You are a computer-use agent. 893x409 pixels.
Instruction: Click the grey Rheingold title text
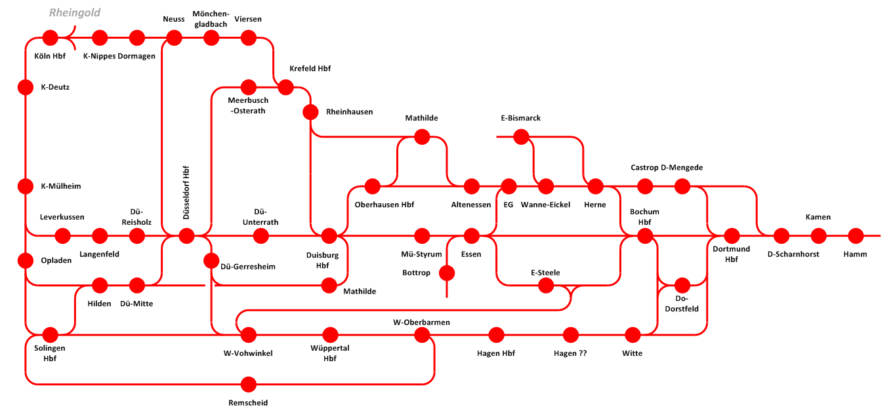[x=75, y=12]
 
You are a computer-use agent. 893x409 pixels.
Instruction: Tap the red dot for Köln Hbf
[x=50, y=37]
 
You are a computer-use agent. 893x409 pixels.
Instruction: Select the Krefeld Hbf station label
[x=310, y=69]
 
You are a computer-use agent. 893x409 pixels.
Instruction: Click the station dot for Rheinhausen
[x=310, y=112]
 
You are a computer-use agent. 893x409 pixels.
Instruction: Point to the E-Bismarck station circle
[x=521, y=137]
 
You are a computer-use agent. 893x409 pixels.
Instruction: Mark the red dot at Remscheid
[x=249, y=384]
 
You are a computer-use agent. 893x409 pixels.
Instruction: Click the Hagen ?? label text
[x=570, y=353]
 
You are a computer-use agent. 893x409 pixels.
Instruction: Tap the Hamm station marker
[x=856, y=236]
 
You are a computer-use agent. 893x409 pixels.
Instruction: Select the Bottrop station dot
[x=447, y=273]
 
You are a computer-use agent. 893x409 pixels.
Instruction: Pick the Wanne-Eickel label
[x=545, y=204]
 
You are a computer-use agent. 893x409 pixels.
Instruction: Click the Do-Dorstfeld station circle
[x=682, y=285]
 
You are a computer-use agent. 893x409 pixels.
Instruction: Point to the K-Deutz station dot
[x=25, y=87]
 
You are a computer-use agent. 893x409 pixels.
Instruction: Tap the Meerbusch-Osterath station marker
[x=249, y=87]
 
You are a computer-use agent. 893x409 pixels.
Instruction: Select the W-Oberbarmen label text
[x=421, y=322]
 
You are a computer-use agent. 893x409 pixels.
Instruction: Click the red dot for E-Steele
[x=545, y=285]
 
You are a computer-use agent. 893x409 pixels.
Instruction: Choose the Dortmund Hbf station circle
[x=732, y=236]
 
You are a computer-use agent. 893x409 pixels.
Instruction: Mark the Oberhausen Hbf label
[x=384, y=204]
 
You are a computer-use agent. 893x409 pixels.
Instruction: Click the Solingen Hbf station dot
[x=50, y=335]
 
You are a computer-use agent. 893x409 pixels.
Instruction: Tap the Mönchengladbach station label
[x=211, y=19]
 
